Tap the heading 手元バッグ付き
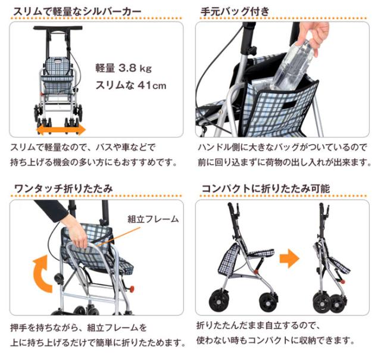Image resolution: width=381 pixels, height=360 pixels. click(x=235, y=11)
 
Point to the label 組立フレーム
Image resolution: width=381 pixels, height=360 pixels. click(x=153, y=219)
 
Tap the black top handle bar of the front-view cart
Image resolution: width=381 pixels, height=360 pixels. click(x=59, y=28)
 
